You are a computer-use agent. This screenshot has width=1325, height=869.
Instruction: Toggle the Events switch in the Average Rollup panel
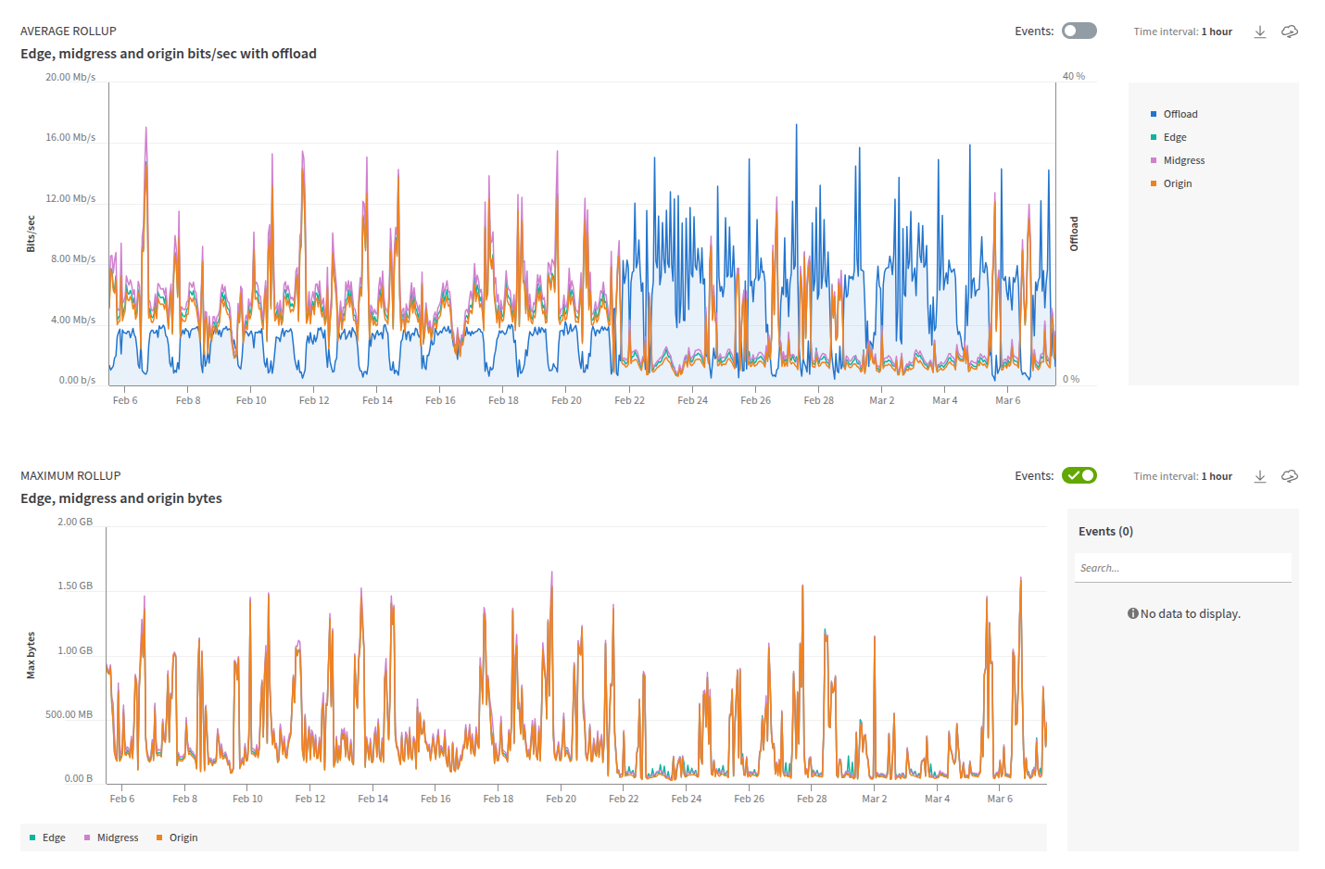1079,31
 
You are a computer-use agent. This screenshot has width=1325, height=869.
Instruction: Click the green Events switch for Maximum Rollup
1079,475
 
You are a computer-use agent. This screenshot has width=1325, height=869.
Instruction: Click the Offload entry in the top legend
1180,114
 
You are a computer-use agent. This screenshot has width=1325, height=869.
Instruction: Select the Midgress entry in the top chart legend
1183,160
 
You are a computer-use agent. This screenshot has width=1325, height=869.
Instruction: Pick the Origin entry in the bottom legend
183,838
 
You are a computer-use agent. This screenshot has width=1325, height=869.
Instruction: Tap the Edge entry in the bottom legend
54,838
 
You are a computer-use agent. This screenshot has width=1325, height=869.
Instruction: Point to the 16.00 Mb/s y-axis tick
71,137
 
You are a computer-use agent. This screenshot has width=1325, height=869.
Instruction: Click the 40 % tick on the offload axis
1074,76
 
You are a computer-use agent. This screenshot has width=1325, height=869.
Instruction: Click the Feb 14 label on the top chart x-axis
377,400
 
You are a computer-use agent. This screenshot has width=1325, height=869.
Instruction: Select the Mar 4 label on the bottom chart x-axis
937,799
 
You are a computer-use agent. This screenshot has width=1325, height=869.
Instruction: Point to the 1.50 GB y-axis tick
75,586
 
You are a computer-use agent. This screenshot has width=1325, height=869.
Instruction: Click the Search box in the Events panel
1182,568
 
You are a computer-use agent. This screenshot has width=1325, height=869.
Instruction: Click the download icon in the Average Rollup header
1260,31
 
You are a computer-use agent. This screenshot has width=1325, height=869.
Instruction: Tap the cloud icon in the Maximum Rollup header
1290,476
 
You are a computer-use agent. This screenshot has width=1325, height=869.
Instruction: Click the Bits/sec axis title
31,233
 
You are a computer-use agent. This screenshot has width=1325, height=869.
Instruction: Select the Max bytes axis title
31,655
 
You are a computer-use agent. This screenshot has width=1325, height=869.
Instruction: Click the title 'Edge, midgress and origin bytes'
121,498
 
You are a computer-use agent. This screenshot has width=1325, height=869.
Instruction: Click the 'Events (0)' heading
1105,531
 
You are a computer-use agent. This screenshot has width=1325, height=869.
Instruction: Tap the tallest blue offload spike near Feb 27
796,127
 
